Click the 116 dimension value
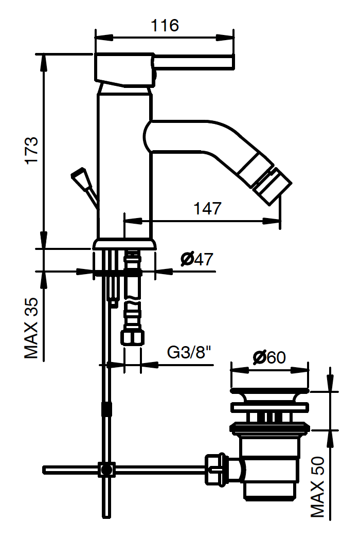pyautogui.click(x=165, y=25)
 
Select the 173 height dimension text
pyautogui.click(x=32, y=151)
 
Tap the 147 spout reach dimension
pyautogui.click(x=207, y=208)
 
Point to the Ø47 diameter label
pyautogui.click(x=197, y=259)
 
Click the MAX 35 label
pyautogui.click(x=31, y=328)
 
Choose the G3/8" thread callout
pyautogui.click(x=189, y=352)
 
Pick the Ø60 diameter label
pyautogui.click(x=269, y=357)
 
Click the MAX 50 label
pyautogui.click(x=318, y=487)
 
